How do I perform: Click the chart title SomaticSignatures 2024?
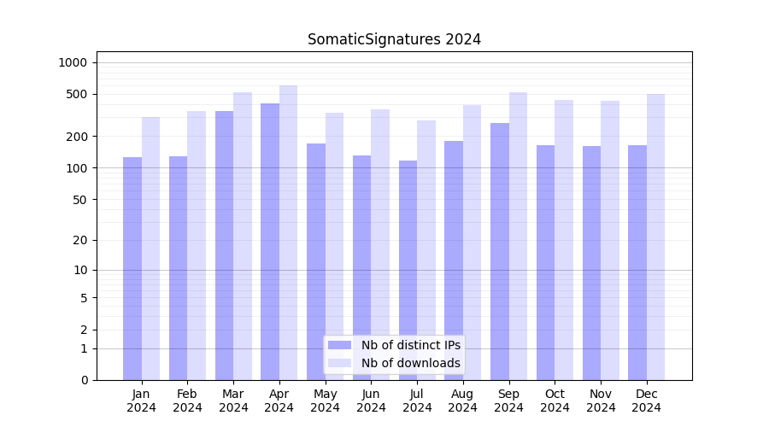[394, 39]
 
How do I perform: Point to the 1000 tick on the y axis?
[73, 62]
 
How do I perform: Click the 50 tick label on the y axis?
[79, 200]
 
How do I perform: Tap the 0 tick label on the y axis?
[84, 380]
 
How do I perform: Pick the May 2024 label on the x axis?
[325, 401]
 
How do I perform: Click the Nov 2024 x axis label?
[601, 401]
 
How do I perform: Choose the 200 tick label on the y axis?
[76, 137]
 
